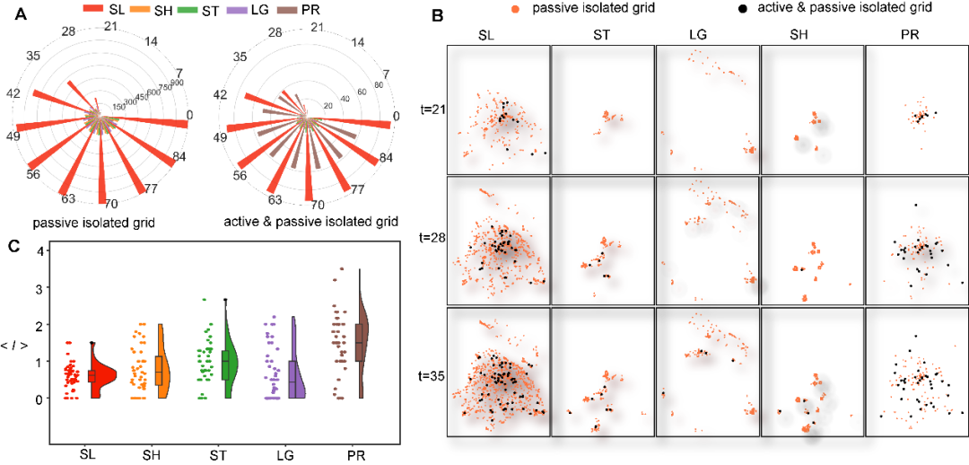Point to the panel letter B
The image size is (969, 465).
[437, 15]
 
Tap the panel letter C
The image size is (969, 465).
[14, 247]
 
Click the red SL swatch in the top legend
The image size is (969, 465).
[95, 8]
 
